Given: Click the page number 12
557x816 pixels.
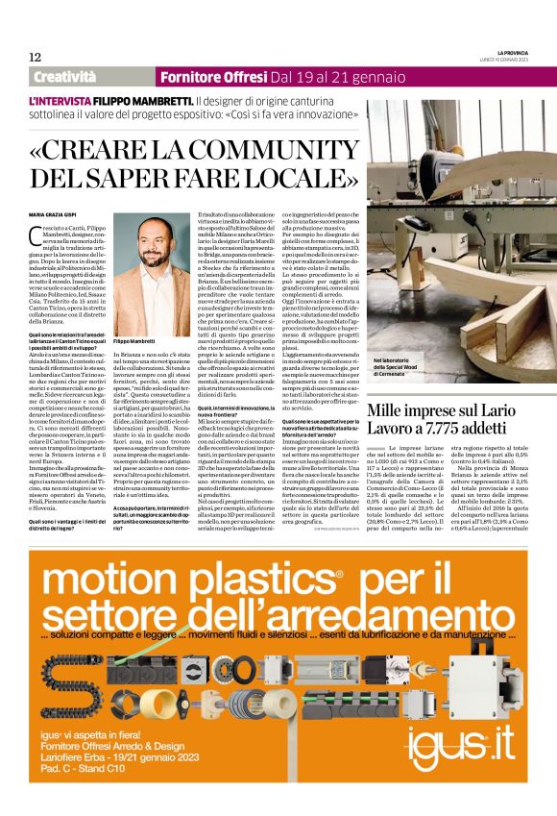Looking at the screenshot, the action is coord(35,57).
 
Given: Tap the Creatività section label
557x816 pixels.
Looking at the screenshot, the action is coord(71,76).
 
